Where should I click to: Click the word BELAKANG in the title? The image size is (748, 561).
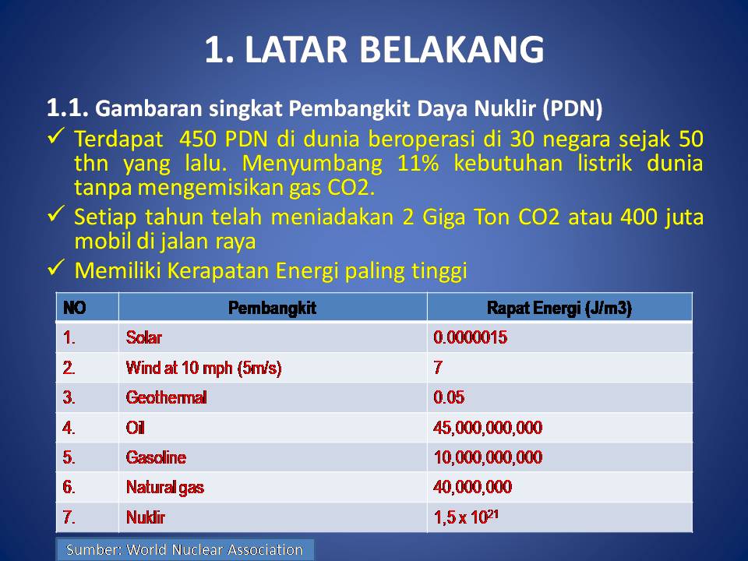point(451,50)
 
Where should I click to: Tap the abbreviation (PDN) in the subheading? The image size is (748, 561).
point(573,109)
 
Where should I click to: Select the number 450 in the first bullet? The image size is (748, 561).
point(197,139)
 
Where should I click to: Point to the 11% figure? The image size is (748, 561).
point(418,163)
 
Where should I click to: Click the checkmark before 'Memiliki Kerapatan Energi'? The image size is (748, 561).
point(56,267)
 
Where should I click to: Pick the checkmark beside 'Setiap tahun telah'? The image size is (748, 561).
point(56,213)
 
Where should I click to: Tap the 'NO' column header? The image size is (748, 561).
point(75,308)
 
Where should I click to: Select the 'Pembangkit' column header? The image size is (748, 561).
point(272,309)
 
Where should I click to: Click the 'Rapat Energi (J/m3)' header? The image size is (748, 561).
point(559,309)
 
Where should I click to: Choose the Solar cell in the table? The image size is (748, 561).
point(144,337)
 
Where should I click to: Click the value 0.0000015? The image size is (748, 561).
point(471,337)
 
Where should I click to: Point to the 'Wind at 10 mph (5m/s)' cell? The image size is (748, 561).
point(203,369)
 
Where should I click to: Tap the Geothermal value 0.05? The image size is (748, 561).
point(449,397)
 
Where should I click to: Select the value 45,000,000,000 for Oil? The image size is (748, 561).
point(488,428)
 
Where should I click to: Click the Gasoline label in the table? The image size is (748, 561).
point(156,457)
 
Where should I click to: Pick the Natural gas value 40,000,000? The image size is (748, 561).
point(473,487)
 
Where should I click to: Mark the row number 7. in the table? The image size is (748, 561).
point(69,517)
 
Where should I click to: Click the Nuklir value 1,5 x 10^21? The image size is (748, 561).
point(466,517)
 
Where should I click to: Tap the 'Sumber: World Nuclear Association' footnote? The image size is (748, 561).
point(185,550)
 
